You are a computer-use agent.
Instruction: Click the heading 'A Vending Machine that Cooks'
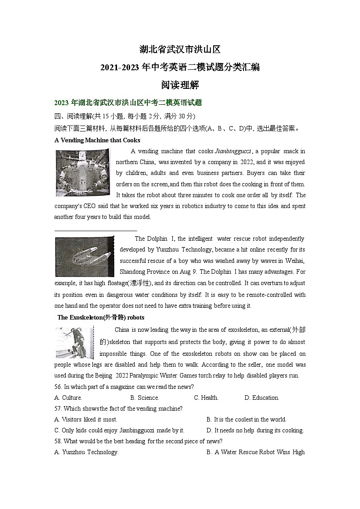97,140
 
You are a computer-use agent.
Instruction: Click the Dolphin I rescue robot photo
84,257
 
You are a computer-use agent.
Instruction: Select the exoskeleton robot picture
74,343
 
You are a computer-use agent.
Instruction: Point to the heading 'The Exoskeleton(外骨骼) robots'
101,317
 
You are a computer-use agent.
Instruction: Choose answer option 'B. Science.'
144,398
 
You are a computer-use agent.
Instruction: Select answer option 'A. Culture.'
68,398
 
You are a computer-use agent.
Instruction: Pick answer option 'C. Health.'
206,398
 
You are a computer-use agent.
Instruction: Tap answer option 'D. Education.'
262,398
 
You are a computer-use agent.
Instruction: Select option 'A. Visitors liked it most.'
86,420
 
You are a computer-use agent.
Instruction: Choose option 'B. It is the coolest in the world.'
246,420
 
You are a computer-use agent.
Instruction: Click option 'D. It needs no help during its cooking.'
255,431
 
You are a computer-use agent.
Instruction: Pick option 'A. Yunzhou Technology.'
86,452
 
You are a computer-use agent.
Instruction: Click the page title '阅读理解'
180,85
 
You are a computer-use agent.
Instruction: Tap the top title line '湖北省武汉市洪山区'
180,49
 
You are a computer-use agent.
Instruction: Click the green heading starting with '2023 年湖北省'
127,103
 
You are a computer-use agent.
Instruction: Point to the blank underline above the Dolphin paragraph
95,231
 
